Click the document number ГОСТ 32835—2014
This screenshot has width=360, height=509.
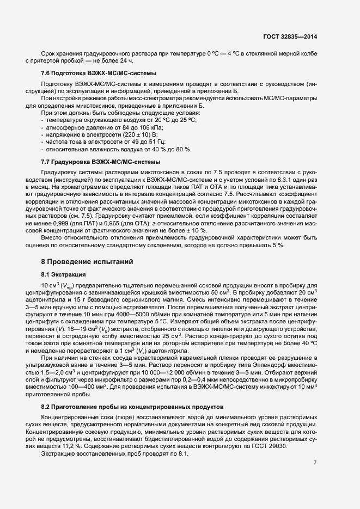(291, 36)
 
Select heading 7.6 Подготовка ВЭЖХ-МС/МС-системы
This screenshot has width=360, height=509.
(99, 73)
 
